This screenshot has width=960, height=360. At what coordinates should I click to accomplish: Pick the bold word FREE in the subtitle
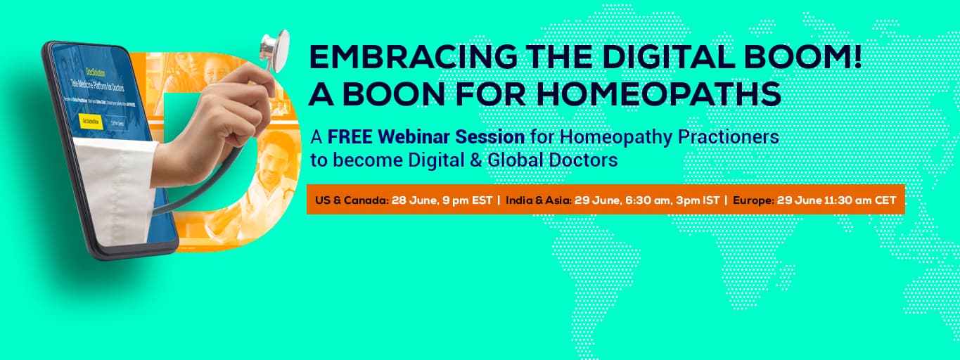pyautogui.click(x=350, y=136)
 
